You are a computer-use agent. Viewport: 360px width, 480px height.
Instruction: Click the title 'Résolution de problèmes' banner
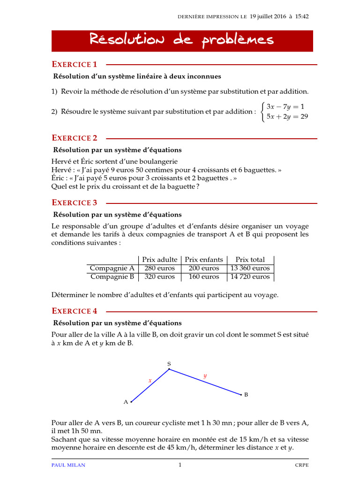[x=182, y=41]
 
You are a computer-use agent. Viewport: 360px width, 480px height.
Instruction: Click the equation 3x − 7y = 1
[x=285, y=106]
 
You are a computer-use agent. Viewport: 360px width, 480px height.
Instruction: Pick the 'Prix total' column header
[x=250, y=259]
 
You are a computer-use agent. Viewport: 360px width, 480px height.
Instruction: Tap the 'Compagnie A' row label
[x=112, y=268]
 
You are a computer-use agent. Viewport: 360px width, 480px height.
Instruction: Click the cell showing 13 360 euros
[x=250, y=268]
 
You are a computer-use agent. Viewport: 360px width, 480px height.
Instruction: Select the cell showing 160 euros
[x=203, y=277]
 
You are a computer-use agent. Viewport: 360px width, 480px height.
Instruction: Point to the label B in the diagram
[x=246, y=395]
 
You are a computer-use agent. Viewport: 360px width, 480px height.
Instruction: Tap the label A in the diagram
[x=126, y=402]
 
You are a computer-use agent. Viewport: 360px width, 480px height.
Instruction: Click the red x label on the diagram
[x=150, y=380]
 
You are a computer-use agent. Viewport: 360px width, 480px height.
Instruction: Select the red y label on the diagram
[x=205, y=375]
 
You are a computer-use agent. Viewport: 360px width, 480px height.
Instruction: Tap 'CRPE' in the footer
[x=301, y=465]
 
